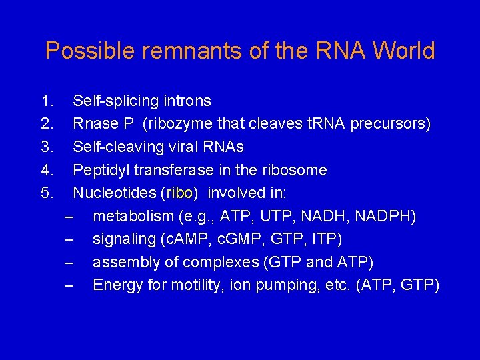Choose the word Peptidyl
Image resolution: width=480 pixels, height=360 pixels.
point(99,171)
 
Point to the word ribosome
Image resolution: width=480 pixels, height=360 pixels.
point(298,171)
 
